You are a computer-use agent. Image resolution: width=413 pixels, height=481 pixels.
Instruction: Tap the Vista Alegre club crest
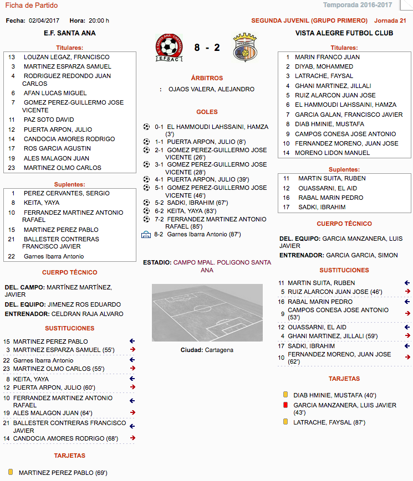[244, 49]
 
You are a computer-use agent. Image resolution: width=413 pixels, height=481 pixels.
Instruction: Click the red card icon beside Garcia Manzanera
[285, 405]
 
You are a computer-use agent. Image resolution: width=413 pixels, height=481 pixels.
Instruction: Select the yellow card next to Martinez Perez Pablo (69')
[11, 472]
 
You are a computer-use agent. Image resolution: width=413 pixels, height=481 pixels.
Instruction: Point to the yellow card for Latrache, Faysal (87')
[285, 422]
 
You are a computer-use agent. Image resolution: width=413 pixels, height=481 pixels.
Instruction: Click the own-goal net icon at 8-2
[146, 234]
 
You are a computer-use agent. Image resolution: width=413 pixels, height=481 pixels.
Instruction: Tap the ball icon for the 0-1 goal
[146, 127]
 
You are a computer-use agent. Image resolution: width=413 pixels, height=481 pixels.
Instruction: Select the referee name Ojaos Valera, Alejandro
[211, 89]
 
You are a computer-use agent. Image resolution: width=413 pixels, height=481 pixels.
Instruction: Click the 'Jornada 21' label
[390, 21]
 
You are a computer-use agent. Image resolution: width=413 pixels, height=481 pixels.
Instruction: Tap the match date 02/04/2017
[44, 21]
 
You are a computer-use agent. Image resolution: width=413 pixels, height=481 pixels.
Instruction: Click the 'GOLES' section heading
[207, 112]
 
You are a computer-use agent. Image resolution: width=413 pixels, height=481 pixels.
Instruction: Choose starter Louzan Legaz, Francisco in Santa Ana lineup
[67, 57]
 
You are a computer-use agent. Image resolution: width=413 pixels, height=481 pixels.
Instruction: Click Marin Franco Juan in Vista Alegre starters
[327, 57]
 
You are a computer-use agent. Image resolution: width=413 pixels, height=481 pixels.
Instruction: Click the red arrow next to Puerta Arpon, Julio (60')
[132, 387]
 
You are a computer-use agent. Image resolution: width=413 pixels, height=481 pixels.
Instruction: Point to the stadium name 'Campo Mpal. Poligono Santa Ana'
[222, 266]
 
